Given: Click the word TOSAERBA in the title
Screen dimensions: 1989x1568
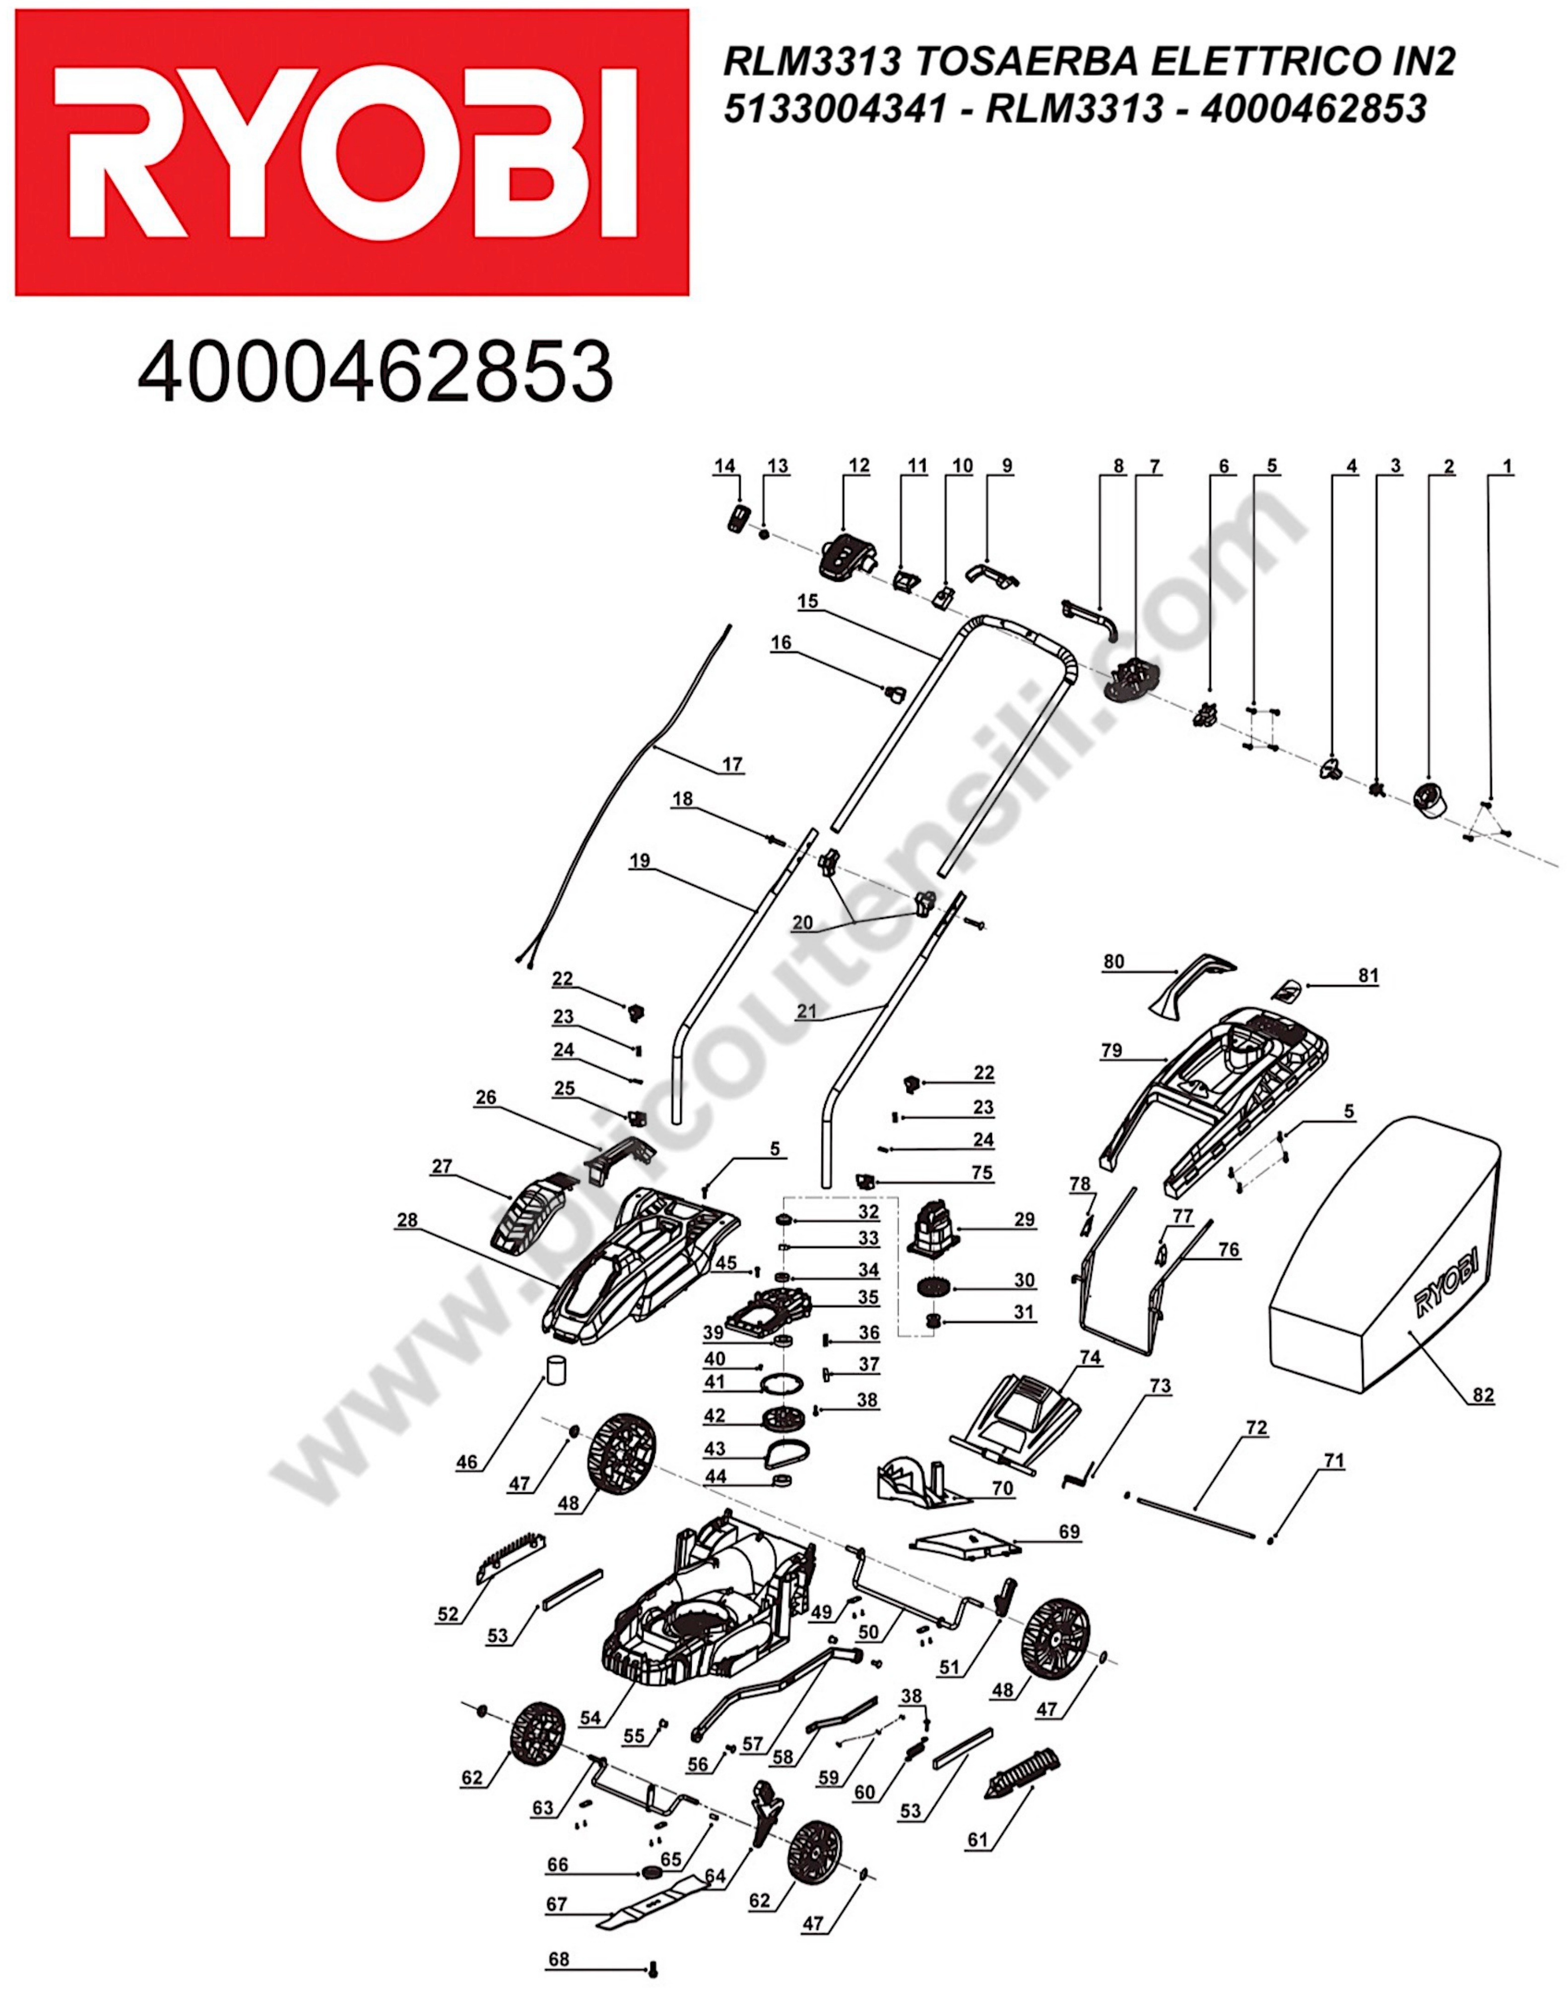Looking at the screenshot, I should click(1026, 63).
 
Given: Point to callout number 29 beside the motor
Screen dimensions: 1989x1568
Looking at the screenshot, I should click(1024, 1219).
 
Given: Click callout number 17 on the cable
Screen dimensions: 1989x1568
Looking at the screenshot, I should click(732, 764).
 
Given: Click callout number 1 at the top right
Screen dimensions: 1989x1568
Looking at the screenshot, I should click(1505, 466).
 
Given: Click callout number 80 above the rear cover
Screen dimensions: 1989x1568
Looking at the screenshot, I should click(1112, 961).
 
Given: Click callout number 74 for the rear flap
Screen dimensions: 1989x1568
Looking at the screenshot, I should click(1090, 1356).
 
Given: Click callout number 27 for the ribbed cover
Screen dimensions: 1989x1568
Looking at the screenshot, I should click(442, 1166).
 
